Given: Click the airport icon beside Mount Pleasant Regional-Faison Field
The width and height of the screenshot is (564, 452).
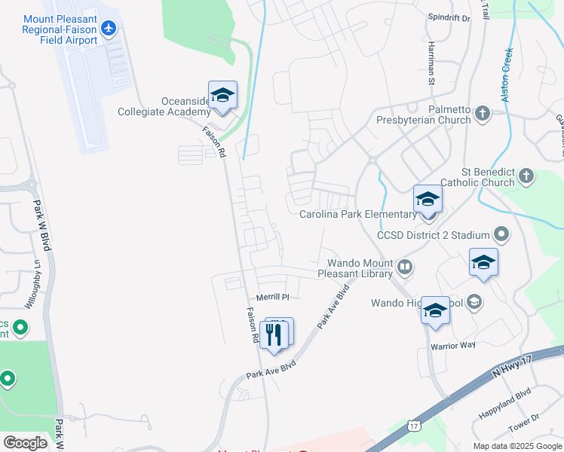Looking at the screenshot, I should coord(110,28).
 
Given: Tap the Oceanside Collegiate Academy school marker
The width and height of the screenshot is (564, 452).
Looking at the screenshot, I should coord(222,96).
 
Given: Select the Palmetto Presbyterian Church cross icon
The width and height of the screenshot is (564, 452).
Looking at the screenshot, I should coord(483,113).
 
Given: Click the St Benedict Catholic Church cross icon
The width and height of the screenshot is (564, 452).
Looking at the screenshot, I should coord(526,176).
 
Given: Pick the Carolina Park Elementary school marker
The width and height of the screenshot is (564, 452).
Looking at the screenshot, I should coord(428,200).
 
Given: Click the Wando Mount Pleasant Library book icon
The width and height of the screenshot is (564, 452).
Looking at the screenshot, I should coord(406,267).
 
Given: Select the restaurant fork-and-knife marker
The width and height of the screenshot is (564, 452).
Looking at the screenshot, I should coord(274,334).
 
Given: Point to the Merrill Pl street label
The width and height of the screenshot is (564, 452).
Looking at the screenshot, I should coord(273,297).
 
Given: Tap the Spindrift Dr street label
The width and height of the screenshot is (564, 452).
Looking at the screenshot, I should coord(449,17).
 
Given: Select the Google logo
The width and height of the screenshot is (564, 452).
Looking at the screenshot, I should coord(25,443).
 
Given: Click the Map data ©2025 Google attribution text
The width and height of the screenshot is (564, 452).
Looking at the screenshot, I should coord(516,446).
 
